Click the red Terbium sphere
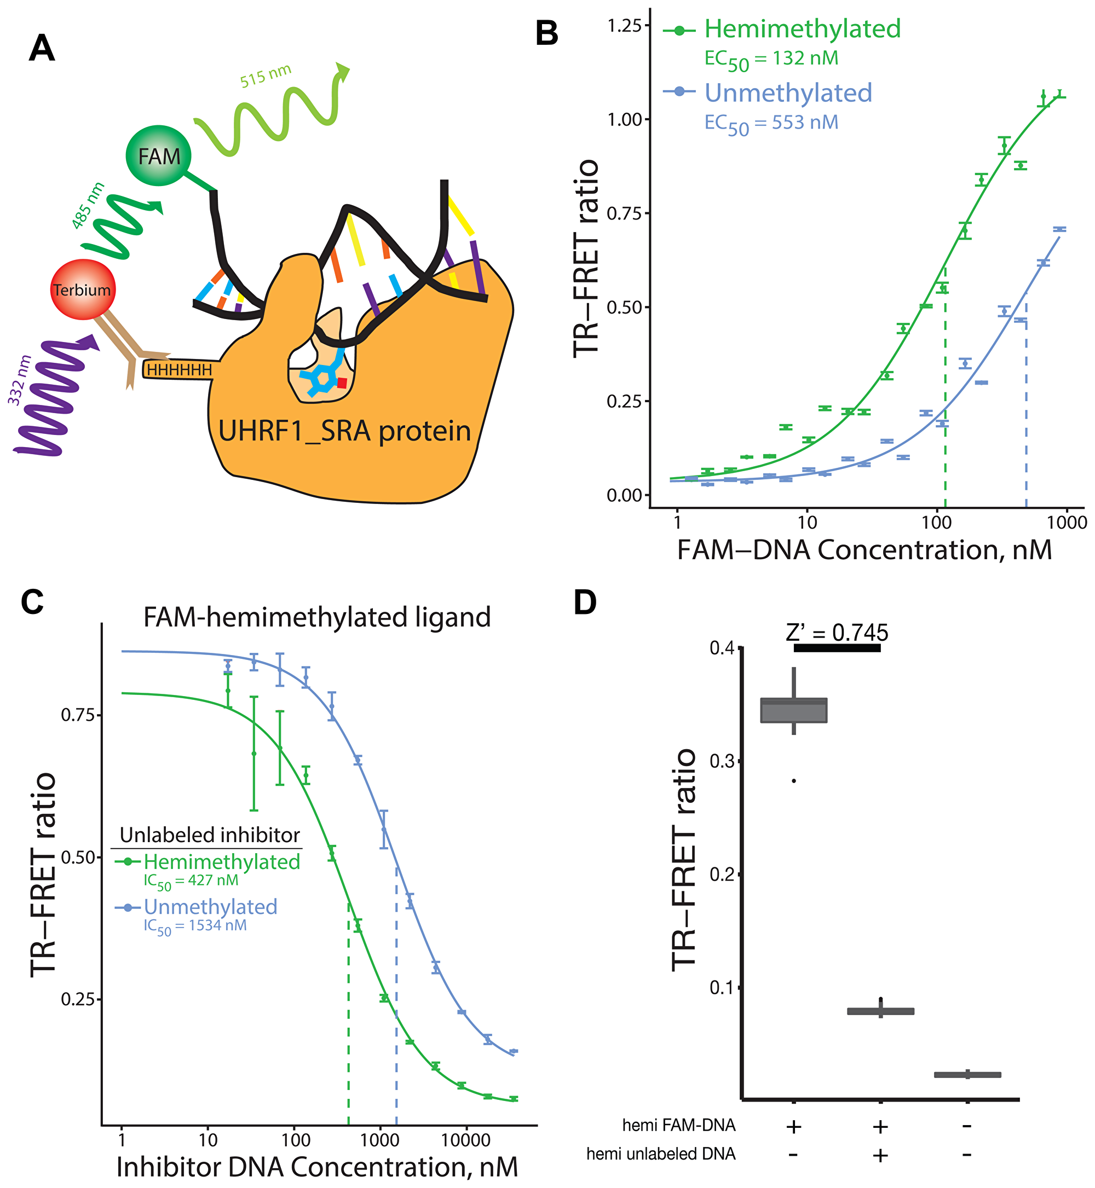pyautogui.click(x=82, y=289)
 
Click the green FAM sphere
pyautogui.click(x=158, y=156)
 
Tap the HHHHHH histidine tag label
pyautogui.click(x=179, y=370)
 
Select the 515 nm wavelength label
pyautogui.click(x=265, y=76)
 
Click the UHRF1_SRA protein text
pyautogui.click(x=344, y=431)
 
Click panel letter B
pyautogui.click(x=546, y=34)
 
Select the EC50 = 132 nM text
pyautogui.click(x=771, y=59)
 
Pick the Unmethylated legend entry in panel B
pyautogui.click(x=788, y=93)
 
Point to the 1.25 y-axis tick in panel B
pyautogui.click(x=625, y=26)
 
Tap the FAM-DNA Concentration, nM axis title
pyautogui.click(x=865, y=550)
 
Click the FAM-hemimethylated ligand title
pyautogui.click(x=317, y=617)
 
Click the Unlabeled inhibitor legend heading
pyautogui.click(x=210, y=835)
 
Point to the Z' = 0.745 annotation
pyautogui.click(x=837, y=633)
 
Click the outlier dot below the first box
pyautogui.click(x=794, y=781)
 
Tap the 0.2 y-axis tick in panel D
pyautogui.click(x=721, y=874)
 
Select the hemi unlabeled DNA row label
pyautogui.click(x=661, y=1154)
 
